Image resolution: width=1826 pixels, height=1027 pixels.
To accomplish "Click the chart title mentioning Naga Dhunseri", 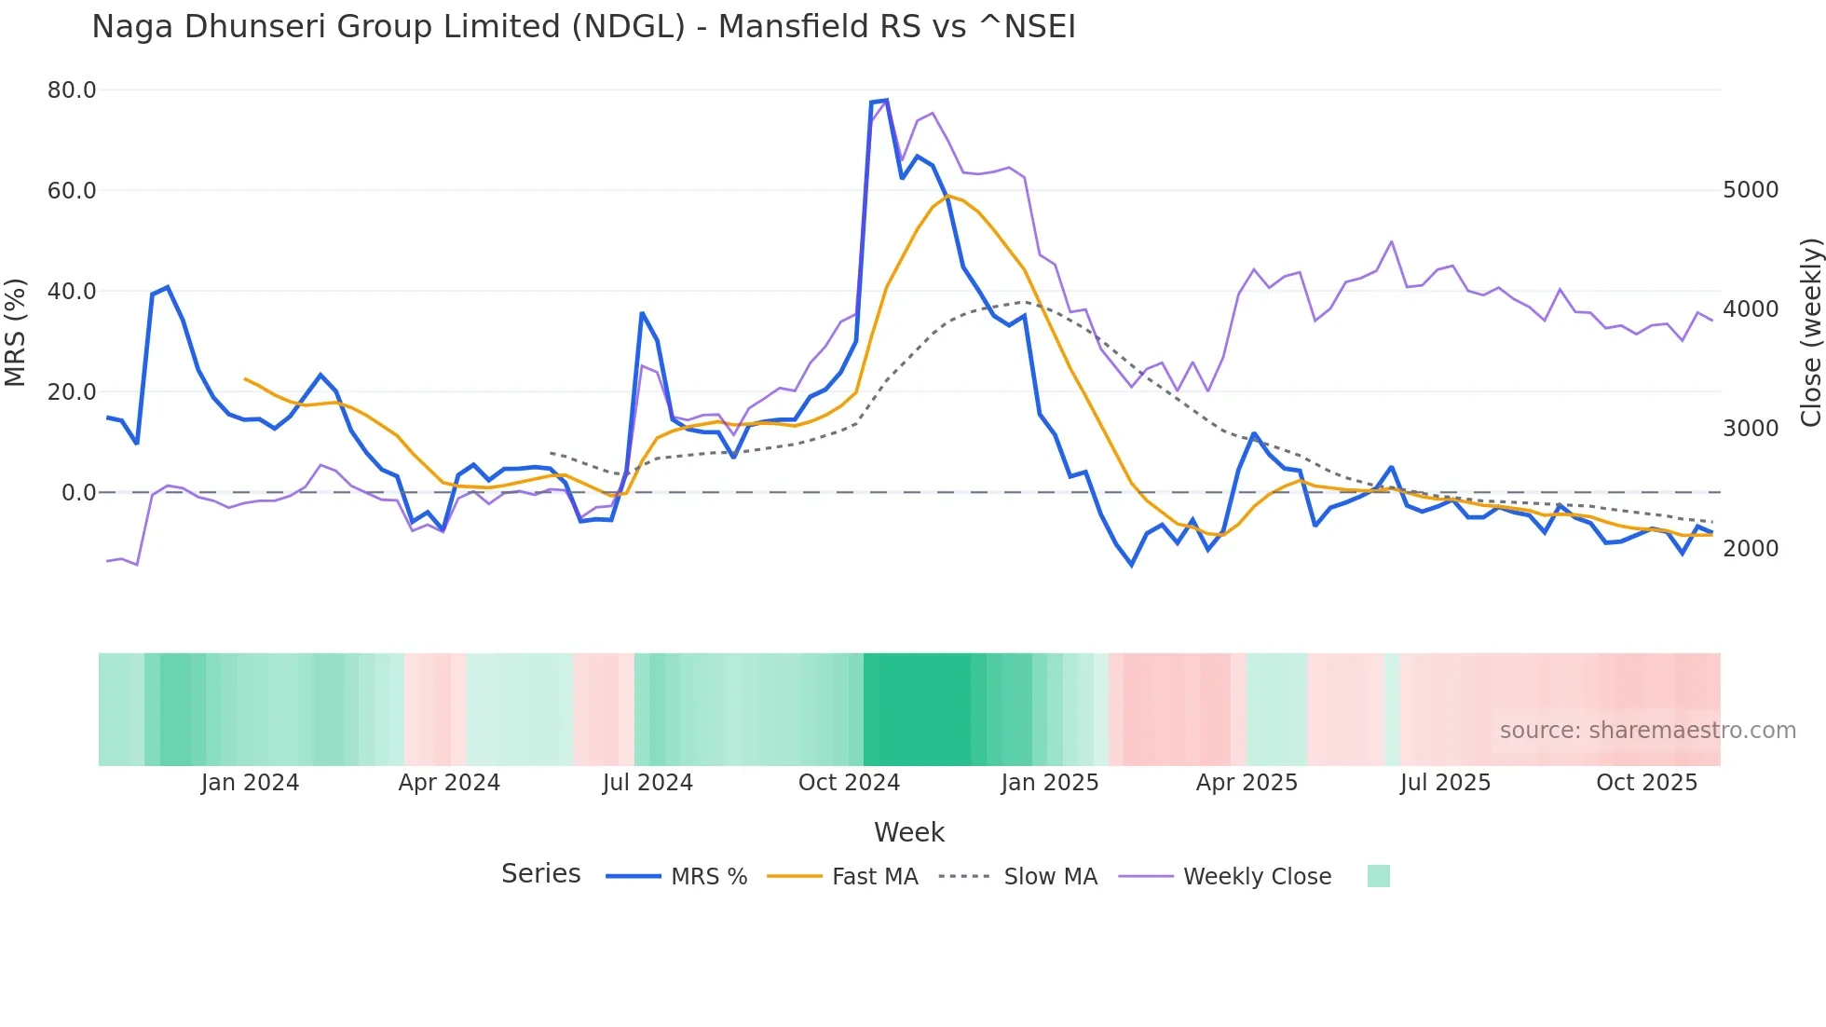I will (583, 27).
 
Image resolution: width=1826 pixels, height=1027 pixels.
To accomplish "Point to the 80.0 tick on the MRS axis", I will (72, 90).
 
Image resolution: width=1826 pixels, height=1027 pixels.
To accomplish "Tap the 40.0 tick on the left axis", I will (72, 292).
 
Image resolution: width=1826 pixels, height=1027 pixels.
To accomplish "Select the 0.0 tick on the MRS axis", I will (78, 493).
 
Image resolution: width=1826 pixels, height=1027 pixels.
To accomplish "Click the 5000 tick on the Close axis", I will (1751, 190).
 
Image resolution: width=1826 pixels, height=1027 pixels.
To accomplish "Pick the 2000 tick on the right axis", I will (1751, 549).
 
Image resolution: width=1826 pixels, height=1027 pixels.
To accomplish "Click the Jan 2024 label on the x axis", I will (250, 783).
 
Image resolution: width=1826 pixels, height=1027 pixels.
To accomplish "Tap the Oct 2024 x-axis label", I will (849, 783).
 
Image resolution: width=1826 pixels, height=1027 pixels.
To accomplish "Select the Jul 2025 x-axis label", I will (1445, 783).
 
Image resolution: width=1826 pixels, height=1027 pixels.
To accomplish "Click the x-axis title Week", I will (909, 832).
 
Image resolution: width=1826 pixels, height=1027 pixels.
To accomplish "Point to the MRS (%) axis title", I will (15, 333).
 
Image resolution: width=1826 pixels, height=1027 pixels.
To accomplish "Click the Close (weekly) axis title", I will (1810, 333).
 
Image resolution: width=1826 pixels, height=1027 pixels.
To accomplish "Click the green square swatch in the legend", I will (1378, 876).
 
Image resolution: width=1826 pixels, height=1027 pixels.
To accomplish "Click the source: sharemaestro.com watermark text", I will (1647, 731).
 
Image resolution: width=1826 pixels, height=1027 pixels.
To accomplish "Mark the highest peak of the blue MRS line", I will (886, 100).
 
